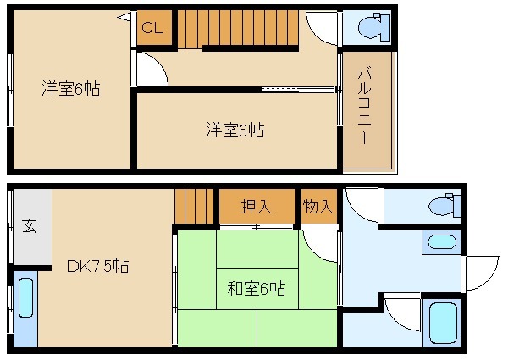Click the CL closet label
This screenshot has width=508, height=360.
(x=153, y=28)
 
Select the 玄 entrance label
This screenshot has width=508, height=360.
(x=29, y=226)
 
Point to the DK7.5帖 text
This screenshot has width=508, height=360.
(x=97, y=265)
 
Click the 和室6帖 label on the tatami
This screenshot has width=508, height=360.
(x=256, y=288)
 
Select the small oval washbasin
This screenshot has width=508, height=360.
(x=441, y=241)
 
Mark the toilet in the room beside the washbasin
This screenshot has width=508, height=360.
(x=441, y=206)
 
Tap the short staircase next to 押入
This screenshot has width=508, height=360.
(x=195, y=206)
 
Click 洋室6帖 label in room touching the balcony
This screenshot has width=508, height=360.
(x=234, y=130)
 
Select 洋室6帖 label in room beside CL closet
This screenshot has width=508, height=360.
(x=71, y=88)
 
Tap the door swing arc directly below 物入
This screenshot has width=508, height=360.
(x=323, y=246)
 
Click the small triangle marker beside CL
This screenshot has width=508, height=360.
(x=125, y=17)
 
